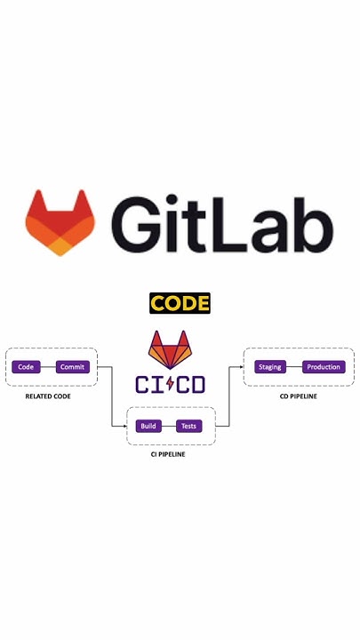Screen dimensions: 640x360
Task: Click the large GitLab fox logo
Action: (x=60, y=222)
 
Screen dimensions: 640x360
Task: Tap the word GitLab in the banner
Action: (x=222, y=223)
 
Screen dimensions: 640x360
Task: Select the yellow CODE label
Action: (x=180, y=303)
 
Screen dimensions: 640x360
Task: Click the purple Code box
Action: (x=26, y=367)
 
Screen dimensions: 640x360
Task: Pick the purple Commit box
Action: (x=73, y=367)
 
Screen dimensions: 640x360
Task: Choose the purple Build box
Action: (x=148, y=426)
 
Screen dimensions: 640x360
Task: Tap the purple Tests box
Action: (x=189, y=426)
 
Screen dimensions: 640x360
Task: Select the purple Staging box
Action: (x=269, y=367)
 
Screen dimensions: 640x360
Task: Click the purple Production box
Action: (x=324, y=367)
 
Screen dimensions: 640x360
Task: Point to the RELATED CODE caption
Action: (x=48, y=396)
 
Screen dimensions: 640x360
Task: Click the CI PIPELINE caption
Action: (x=168, y=454)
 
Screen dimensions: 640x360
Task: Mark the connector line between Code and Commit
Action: (x=47, y=367)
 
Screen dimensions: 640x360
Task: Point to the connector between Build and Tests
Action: (x=168, y=426)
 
